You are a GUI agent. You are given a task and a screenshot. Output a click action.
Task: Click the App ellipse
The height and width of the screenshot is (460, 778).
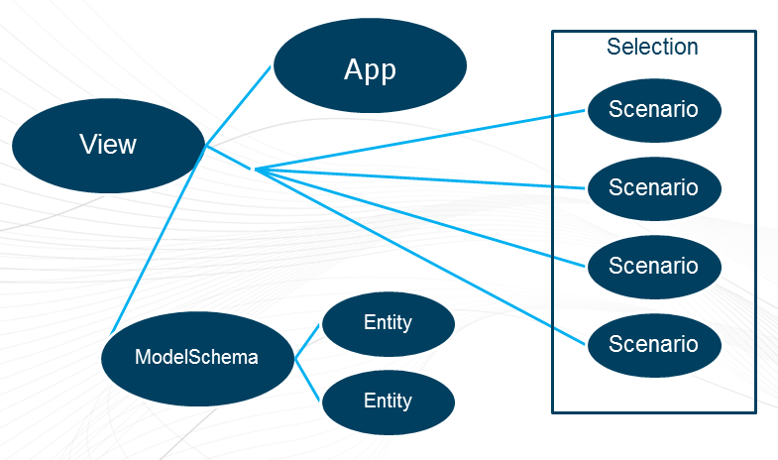click(370, 68)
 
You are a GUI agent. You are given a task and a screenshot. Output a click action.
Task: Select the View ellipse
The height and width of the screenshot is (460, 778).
click(108, 145)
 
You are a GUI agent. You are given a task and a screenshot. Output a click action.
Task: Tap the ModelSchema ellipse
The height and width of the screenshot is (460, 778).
click(196, 357)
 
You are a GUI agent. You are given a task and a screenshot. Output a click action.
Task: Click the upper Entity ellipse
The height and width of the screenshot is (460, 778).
click(388, 322)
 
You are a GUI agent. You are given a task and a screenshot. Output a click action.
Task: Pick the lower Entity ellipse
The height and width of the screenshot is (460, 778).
click(388, 401)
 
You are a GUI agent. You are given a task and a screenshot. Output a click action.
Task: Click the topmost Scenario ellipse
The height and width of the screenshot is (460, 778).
click(653, 109)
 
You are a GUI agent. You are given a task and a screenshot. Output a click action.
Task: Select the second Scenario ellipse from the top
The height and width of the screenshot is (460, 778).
click(653, 187)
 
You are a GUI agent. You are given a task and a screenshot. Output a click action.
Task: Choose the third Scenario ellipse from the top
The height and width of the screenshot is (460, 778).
click(653, 266)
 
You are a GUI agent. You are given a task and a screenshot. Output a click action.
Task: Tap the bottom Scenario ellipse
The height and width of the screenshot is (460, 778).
click(653, 344)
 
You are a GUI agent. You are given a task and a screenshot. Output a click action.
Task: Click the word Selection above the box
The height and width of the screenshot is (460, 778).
click(652, 47)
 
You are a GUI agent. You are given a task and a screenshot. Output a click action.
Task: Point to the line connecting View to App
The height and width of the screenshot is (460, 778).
click(238, 107)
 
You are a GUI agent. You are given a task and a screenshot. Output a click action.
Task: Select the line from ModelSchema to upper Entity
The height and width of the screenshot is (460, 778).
click(307, 340)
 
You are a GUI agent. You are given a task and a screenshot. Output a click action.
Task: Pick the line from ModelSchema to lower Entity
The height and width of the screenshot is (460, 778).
click(307, 380)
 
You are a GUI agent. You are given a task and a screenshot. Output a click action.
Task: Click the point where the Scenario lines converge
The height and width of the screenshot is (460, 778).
click(256, 170)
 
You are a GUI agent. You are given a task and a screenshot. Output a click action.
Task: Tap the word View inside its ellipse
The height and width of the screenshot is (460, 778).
click(108, 145)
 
